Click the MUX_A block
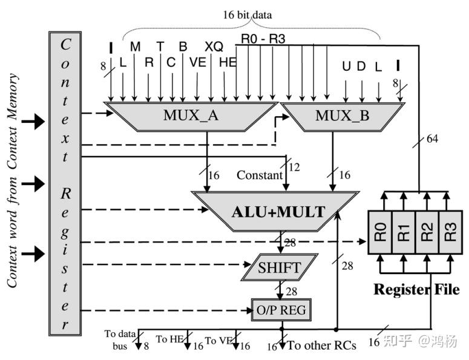189,115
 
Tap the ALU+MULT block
278,212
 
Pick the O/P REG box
280,310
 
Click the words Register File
416,289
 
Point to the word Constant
260,175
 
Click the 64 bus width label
431,139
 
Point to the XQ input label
214,47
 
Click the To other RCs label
321,345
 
